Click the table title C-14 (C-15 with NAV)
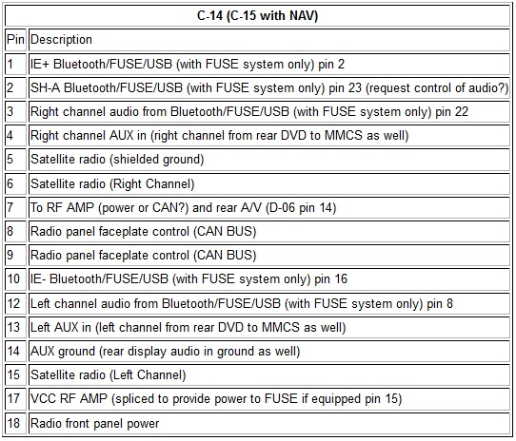pos(257,15)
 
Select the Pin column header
pos(15,39)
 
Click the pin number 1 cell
pos(15,64)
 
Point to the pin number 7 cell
pos(15,207)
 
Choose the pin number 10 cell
pos(15,279)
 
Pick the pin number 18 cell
pos(15,423)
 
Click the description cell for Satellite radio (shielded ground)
pos(269,160)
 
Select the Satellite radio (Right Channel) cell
pos(269,183)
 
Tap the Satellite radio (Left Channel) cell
pos(269,375)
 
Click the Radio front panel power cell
pos(269,423)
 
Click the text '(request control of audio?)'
pos(437,88)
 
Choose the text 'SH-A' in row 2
pos(46,88)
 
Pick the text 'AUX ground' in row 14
pos(63,352)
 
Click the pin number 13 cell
pos(15,327)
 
